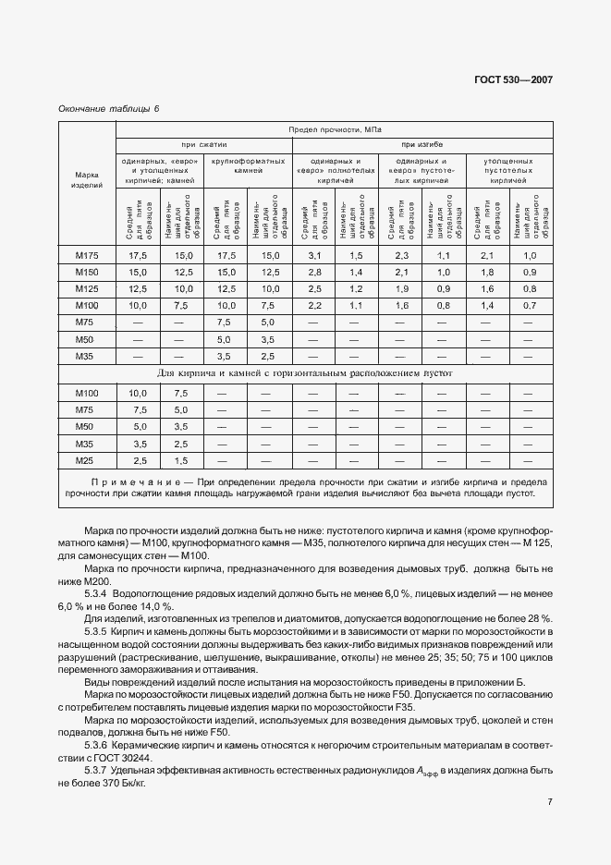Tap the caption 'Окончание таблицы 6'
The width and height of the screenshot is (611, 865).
click(108, 108)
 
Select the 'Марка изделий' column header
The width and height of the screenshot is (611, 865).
click(86, 180)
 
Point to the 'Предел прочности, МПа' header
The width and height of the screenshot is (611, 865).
click(335, 131)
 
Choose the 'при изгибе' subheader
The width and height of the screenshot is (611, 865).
click(422, 145)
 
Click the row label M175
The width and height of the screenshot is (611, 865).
click(86, 255)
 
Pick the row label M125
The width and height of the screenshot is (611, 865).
click(86, 288)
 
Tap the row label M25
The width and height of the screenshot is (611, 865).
click(86, 459)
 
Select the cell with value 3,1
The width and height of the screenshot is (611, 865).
click(313, 255)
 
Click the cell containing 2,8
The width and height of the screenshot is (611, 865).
click(313, 272)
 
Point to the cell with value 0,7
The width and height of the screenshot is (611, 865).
click(530, 305)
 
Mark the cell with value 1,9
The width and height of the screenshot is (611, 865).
click(401, 288)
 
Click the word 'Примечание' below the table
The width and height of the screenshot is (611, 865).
click(134, 482)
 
